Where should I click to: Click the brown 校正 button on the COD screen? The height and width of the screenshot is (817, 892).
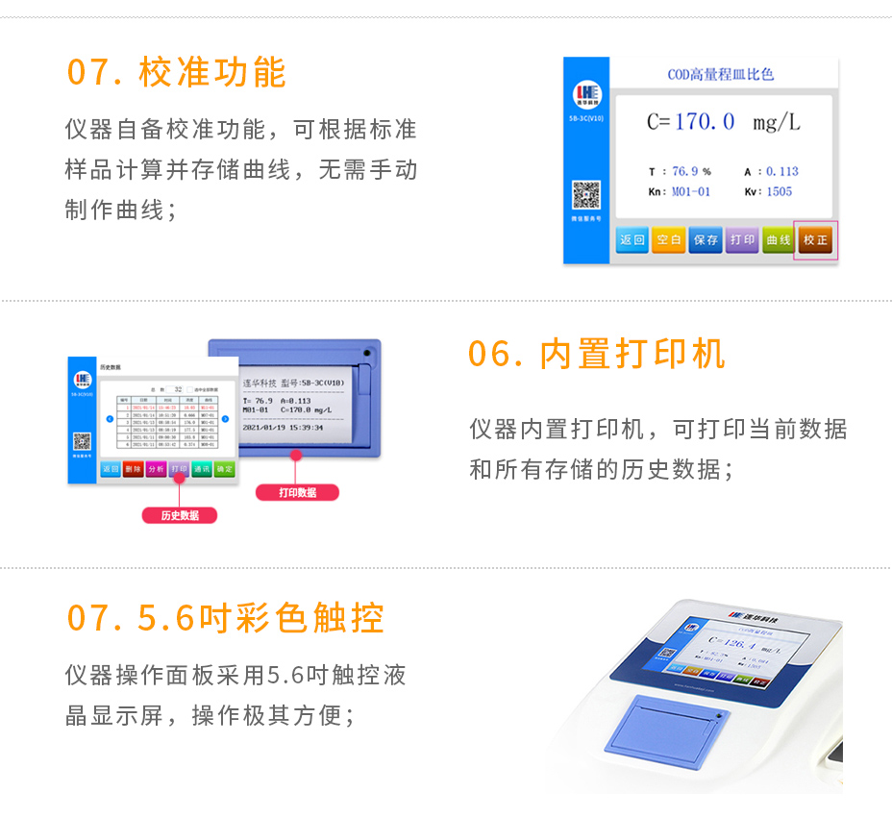point(815,240)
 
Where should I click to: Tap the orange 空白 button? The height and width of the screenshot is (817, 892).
point(668,240)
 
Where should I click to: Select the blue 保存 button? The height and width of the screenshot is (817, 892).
point(706,240)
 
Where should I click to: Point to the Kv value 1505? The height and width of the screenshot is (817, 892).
point(780,191)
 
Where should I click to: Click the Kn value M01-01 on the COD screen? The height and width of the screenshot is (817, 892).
point(691,191)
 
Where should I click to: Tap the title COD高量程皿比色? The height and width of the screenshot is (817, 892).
point(720,74)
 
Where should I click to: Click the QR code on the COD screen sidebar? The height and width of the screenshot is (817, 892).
point(586,195)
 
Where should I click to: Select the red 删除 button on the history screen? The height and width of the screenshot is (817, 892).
point(134,469)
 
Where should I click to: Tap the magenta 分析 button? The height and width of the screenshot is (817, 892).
point(157,469)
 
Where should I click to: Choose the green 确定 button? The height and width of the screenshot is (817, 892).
point(224,469)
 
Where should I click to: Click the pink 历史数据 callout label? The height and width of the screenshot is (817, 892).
point(180,515)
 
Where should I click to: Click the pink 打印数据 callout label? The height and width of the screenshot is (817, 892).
point(297,492)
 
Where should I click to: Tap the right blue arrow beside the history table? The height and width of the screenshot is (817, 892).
point(225,419)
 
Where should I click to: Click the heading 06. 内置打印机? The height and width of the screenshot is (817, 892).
point(596,354)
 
